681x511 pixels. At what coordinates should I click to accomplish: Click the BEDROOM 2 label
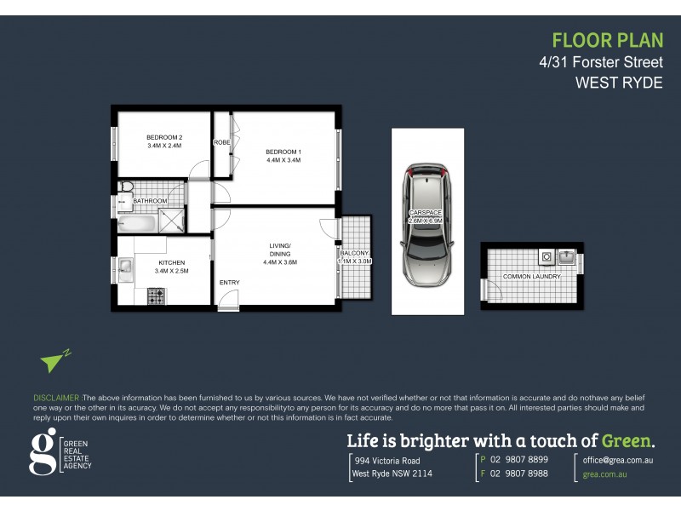164,137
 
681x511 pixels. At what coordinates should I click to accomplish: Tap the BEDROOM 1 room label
284,152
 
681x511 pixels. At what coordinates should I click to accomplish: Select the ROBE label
222,142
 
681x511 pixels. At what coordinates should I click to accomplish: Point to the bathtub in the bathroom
137,225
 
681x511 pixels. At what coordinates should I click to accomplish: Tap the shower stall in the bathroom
173,221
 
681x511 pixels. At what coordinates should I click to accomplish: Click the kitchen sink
124,269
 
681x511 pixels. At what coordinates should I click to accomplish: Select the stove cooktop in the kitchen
157,296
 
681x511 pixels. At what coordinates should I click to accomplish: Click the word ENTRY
229,283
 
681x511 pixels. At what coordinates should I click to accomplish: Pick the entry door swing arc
227,300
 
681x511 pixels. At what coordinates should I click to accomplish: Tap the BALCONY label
354,253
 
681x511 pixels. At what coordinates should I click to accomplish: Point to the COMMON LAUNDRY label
531,277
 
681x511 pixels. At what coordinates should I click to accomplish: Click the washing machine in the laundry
547,255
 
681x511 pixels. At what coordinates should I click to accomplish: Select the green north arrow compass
54,360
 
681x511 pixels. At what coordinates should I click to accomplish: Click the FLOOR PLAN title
607,40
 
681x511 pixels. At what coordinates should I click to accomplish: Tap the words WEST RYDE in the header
619,83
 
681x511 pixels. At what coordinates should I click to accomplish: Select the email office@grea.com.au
618,459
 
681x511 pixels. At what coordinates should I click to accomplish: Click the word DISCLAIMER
56,398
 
